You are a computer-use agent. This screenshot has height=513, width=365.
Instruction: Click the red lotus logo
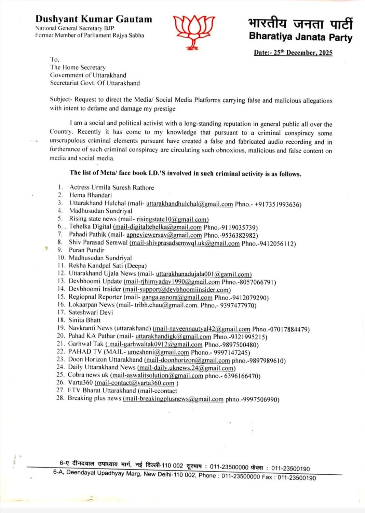pos(194,31)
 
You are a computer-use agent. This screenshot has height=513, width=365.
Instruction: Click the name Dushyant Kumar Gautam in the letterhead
pos(94,19)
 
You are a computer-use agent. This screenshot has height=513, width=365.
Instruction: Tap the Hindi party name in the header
pos(300,24)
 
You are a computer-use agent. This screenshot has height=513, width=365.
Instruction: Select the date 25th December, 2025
pos(293,53)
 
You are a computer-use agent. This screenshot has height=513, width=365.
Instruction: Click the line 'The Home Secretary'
pos(78,67)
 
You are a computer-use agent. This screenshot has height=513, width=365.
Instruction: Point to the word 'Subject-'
pos(62,100)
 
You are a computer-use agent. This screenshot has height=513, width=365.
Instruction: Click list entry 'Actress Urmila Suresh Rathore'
pos(111,187)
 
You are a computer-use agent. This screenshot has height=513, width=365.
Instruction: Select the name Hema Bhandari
pos(91,195)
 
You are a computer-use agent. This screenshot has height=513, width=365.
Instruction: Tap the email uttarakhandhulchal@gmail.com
pos(189,204)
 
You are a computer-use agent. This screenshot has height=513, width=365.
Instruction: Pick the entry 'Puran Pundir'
pos(86,250)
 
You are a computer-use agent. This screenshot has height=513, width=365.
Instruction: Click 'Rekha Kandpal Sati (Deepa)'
pos(108,266)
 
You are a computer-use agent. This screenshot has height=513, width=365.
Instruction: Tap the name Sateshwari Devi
pos(91,312)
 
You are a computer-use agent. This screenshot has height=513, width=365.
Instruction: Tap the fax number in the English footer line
pos(296,477)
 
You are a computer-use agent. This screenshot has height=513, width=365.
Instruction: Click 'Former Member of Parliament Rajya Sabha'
pos(90,35)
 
